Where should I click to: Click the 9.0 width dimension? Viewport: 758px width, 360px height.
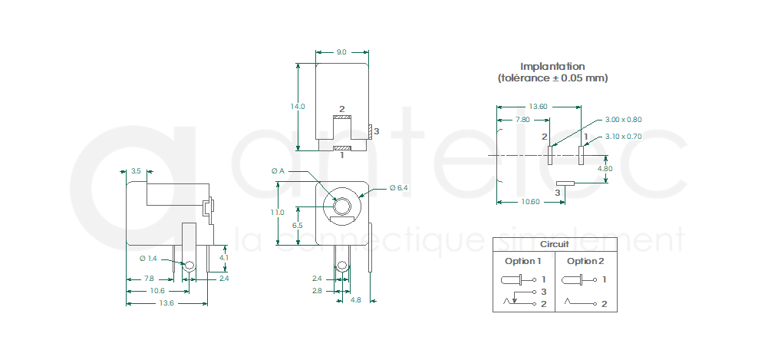[x=341, y=51]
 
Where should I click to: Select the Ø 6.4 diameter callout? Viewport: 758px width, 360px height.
[x=399, y=188]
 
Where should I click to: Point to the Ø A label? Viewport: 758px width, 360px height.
[x=278, y=171]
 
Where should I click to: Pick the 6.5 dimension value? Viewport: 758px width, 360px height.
[x=298, y=226]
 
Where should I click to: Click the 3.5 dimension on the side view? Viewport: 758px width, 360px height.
[x=136, y=171]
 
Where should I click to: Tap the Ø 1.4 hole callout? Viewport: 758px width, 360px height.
[x=148, y=259]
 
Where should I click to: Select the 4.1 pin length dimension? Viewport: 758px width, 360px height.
[x=223, y=258]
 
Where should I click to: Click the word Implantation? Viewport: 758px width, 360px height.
[x=552, y=66]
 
